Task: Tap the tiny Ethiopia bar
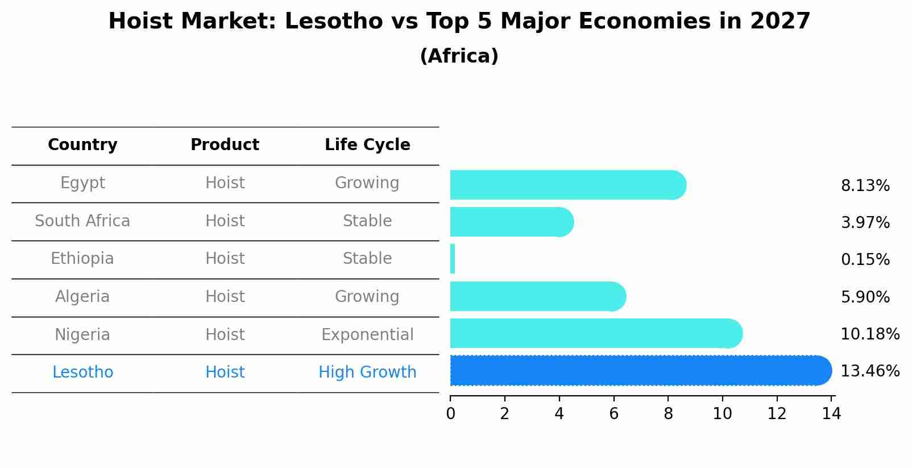(453, 259)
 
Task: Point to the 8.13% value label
(865, 186)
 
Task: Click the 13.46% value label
(869, 371)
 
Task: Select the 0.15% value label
(865, 260)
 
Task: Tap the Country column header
(82, 145)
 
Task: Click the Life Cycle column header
(367, 145)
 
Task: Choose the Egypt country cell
(82, 183)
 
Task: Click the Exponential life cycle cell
(367, 335)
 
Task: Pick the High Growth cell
(367, 372)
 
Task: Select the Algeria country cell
(82, 297)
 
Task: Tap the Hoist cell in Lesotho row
(225, 372)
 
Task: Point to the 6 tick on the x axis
(613, 413)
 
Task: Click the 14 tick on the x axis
(831, 413)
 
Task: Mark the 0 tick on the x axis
(450, 413)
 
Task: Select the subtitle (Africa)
(459, 56)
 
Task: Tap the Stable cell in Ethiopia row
(367, 259)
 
